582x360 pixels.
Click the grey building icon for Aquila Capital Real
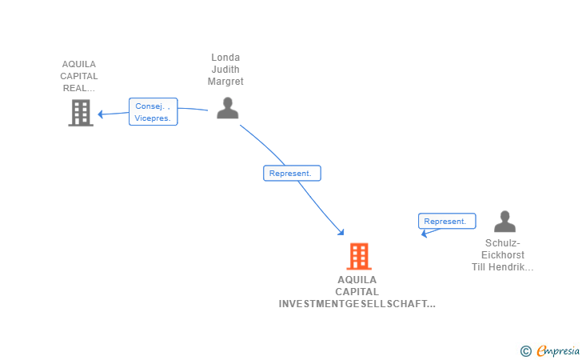click(80, 113)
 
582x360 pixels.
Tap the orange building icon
click(359, 256)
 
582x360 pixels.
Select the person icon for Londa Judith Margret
click(228, 108)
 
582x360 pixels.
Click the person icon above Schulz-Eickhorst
click(504, 222)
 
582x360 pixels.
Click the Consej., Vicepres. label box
click(153, 112)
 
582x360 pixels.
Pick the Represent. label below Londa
click(292, 173)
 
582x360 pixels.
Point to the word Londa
click(225, 58)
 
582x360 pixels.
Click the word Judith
click(225, 70)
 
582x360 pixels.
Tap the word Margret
click(225, 82)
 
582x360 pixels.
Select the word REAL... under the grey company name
click(79, 89)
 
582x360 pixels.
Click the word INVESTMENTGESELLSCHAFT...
click(357, 304)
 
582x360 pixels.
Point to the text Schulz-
click(503, 243)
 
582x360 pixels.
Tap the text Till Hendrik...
click(502, 267)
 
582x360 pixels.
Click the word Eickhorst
click(503, 255)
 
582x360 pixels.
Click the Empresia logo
click(557, 350)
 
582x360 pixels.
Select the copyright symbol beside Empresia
click(525, 350)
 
